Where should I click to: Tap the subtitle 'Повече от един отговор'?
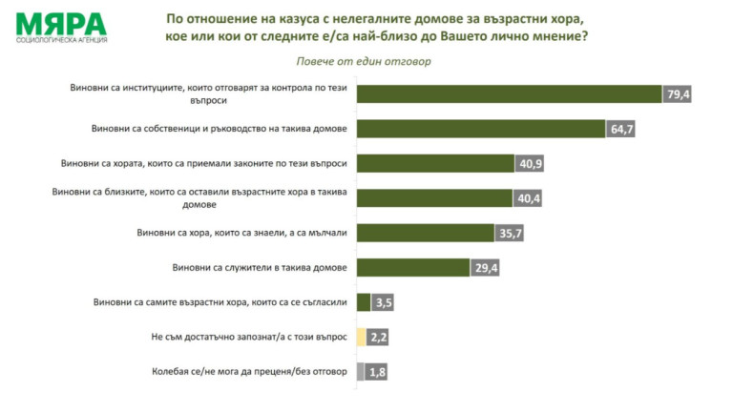(x=366, y=61)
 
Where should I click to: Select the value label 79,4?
(x=677, y=93)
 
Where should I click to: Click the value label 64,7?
(x=621, y=129)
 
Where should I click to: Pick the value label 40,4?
(x=528, y=198)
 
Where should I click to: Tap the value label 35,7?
(x=510, y=233)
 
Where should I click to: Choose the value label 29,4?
(x=486, y=268)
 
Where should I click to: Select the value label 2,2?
(x=379, y=337)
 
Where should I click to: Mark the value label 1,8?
(x=378, y=372)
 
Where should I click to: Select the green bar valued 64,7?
(x=481, y=129)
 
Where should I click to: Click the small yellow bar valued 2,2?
(x=361, y=337)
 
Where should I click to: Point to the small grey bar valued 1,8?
(x=360, y=372)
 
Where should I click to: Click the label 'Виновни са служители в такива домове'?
(x=259, y=267)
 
